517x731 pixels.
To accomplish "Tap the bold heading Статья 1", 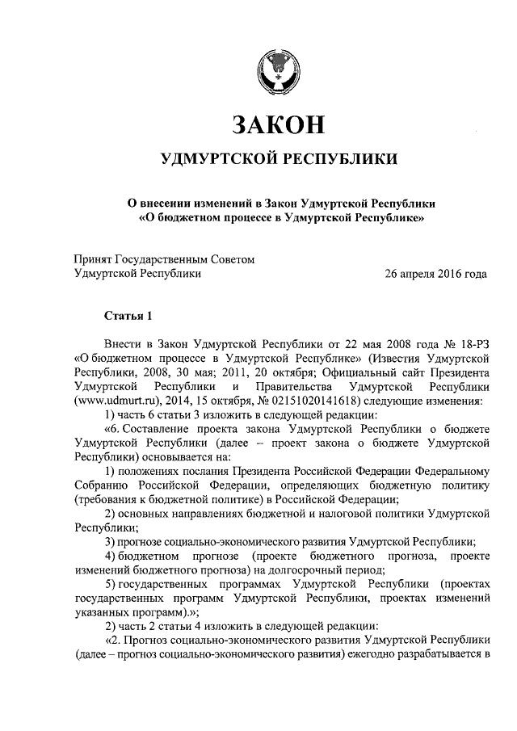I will (x=128, y=314).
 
